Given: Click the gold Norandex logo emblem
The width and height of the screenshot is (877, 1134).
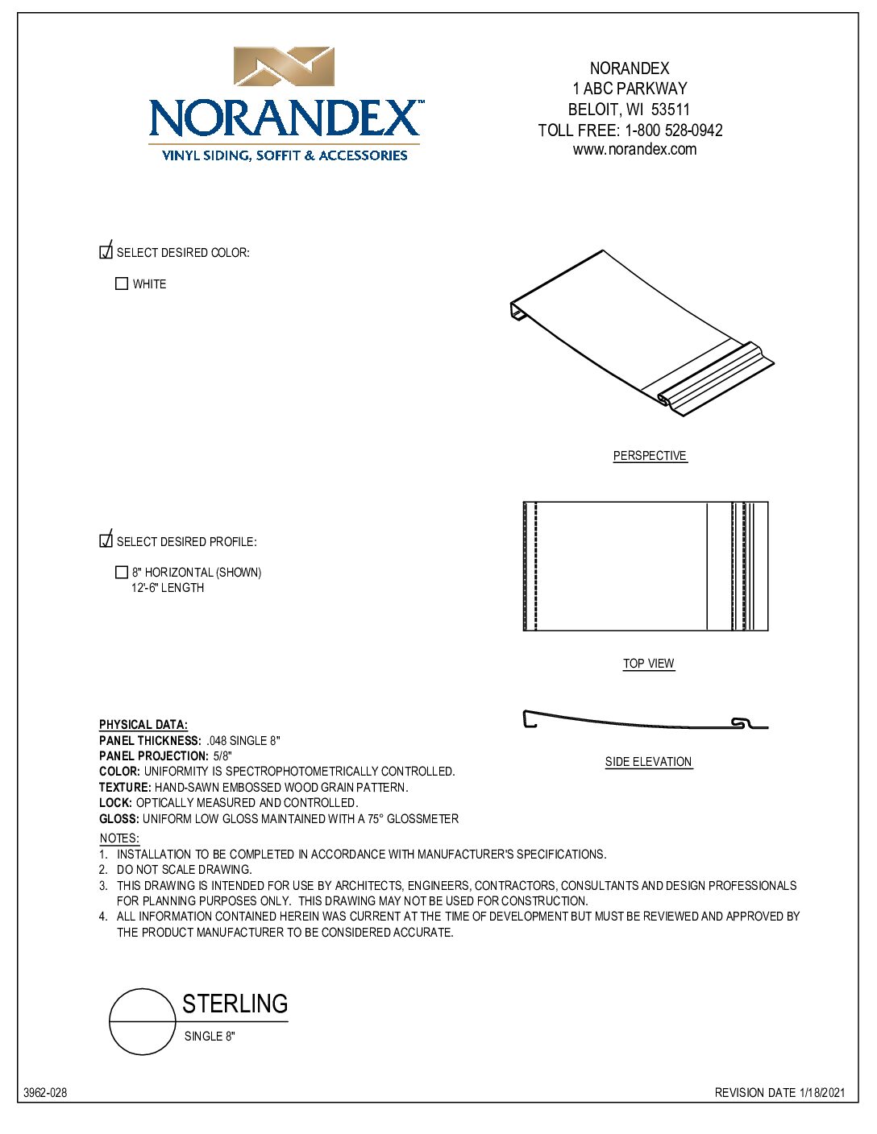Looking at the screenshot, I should [284, 67].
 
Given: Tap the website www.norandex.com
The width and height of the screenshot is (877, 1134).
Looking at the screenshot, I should [634, 150].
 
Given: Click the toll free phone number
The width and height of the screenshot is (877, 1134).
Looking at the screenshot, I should [673, 130].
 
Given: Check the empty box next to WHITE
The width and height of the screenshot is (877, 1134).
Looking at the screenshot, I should [122, 284].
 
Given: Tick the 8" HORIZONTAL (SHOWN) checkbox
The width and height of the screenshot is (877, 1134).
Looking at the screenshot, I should [122, 573].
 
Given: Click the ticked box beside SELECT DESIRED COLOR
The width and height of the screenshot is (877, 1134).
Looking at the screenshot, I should [106, 252].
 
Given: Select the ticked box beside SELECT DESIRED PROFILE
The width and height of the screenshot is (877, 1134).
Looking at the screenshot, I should [106, 540].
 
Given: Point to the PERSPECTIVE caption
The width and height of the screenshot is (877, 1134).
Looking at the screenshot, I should [650, 456].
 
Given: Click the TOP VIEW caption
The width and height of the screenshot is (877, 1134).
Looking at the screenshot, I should [648, 664].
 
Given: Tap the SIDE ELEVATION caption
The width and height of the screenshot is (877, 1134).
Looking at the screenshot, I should [648, 762].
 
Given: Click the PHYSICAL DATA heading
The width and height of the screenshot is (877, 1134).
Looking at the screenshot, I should [143, 725].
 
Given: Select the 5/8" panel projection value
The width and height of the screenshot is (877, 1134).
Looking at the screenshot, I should [222, 756].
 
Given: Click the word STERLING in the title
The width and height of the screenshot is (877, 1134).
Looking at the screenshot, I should [235, 1004].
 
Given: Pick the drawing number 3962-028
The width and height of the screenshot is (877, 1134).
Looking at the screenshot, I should [45, 1093].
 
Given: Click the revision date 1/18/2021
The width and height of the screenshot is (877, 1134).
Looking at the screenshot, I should [822, 1093].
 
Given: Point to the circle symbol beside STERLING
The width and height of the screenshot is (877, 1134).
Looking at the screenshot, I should [143, 1021].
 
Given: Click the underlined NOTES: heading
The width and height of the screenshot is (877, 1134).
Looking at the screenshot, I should [119, 838].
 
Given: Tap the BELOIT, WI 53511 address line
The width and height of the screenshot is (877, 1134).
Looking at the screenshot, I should [629, 110].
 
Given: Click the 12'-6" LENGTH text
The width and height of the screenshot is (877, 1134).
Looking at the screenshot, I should [168, 588].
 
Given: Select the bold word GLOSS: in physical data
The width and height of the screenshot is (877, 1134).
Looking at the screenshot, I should [119, 819].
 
